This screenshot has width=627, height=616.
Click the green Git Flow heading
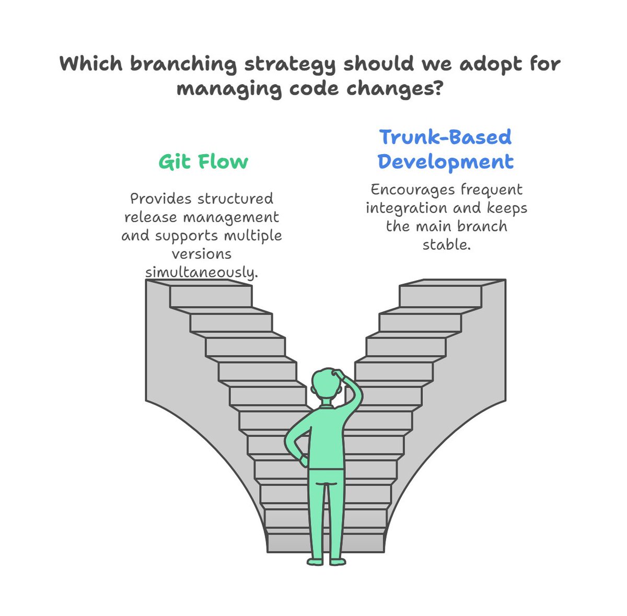(203, 161)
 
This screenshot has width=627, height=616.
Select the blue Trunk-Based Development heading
(445, 149)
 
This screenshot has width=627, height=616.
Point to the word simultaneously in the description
(201, 273)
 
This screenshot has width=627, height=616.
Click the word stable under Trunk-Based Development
(446, 244)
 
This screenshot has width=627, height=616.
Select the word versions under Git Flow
(202, 254)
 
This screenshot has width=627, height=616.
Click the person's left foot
(315, 562)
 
